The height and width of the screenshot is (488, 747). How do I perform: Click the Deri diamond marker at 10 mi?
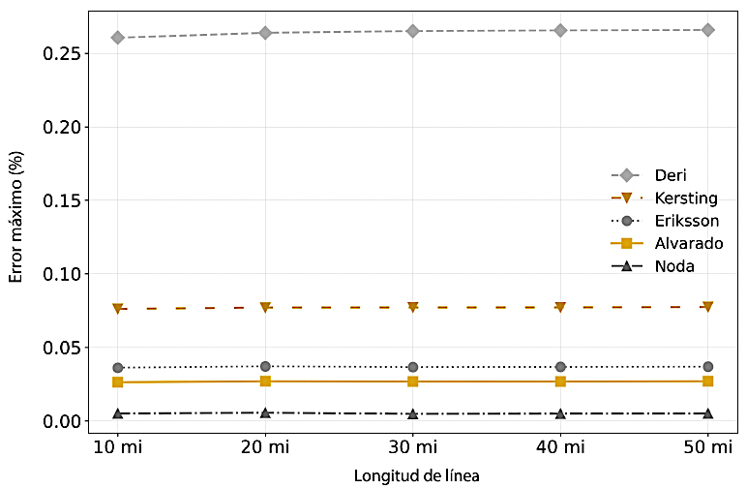coord(118,38)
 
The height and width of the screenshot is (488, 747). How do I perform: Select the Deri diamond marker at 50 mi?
coord(707,30)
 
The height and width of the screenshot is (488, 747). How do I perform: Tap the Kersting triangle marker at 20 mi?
coord(265,307)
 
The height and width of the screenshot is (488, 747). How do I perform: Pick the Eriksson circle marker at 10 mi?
coord(118,368)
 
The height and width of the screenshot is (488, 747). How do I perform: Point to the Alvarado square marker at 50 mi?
coord(707,381)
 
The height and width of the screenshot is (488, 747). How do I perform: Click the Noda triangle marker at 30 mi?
coord(413,413)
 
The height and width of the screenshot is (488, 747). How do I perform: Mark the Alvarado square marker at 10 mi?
coord(118,382)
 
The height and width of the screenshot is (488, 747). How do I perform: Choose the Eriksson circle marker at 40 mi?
coord(560,367)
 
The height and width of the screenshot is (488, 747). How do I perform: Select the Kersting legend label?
coord(686,198)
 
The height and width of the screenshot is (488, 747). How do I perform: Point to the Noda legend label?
coord(674,266)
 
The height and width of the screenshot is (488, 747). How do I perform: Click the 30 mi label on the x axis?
coord(413,447)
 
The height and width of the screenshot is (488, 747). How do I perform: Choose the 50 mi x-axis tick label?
coord(707,447)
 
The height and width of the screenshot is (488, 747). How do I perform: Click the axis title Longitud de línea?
coord(416,475)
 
